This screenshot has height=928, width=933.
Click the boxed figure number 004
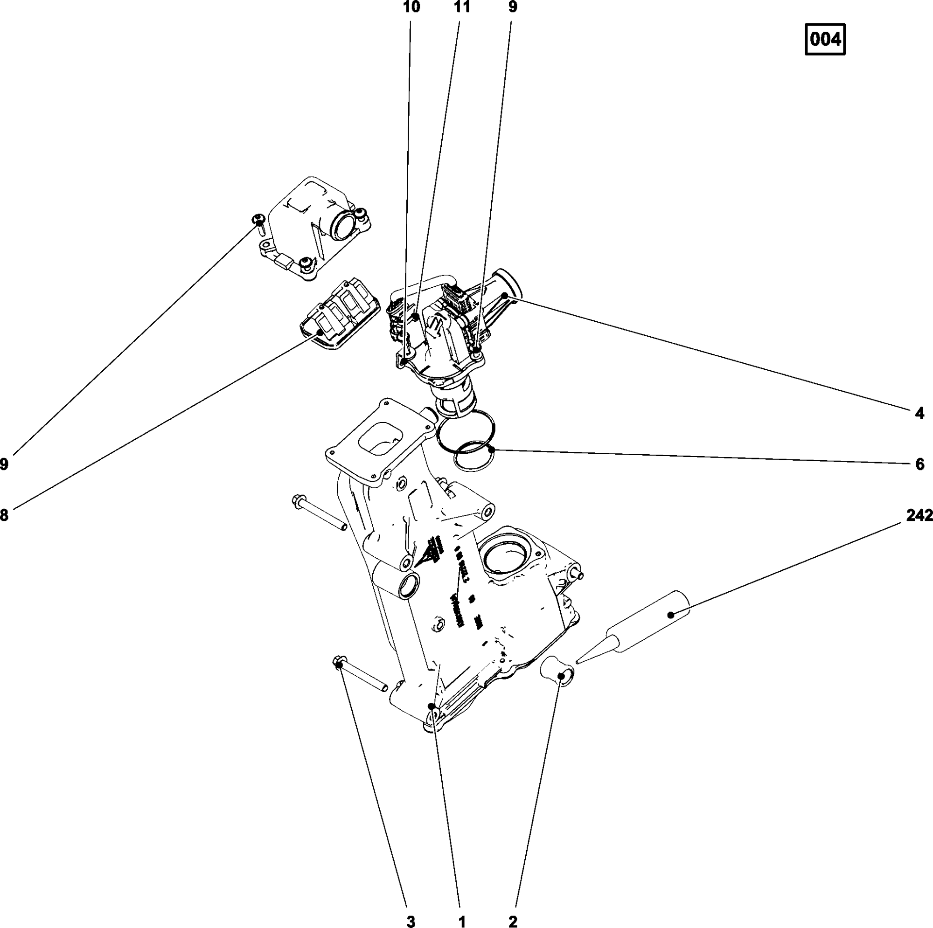point(825,39)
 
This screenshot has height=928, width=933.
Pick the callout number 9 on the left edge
point(4,464)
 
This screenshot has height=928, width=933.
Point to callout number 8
point(4,515)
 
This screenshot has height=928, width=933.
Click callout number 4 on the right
point(919,413)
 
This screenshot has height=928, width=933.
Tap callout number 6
point(919,464)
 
